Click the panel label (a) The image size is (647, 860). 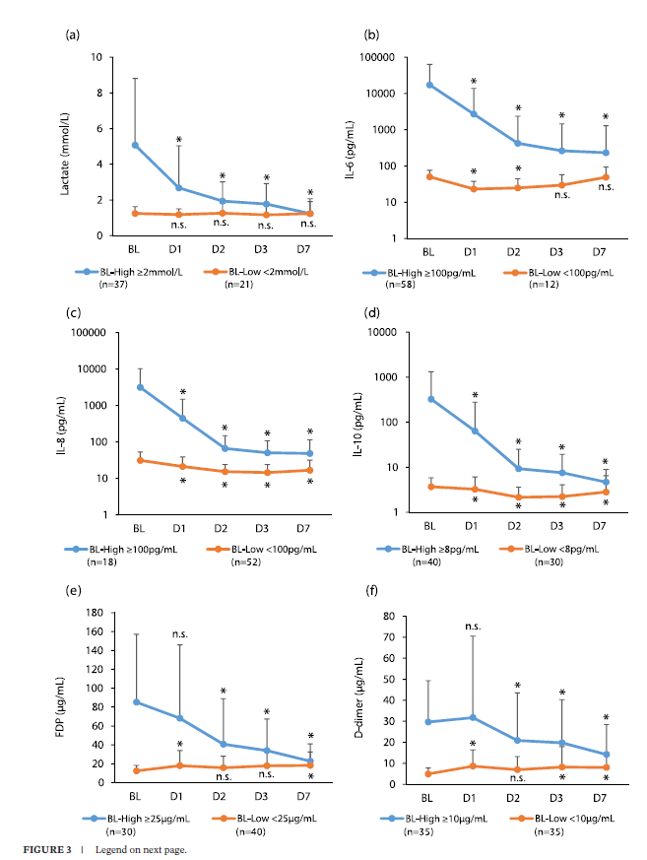[x=72, y=35]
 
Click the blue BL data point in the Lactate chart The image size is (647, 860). [x=135, y=145]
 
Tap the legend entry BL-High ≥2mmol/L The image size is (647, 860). [x=134, y=270]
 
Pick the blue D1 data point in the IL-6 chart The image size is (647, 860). [x=474, y=114]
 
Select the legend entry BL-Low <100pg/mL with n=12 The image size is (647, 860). [x=569, y=270]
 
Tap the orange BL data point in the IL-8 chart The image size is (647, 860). [x=139, y=460]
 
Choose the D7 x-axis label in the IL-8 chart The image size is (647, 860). [x=310, y=528]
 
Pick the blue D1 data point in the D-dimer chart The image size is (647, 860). [x=474, y=717]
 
